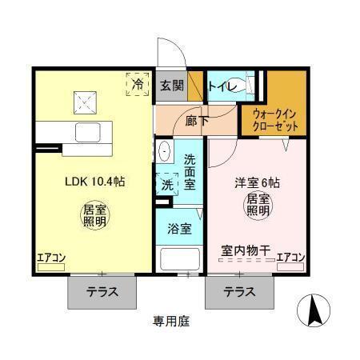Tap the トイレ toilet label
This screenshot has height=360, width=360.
221,86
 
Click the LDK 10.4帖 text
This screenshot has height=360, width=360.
94,181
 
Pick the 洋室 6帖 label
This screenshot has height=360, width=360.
256,181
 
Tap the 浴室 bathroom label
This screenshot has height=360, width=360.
179,229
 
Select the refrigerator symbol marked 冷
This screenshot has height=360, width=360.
138,83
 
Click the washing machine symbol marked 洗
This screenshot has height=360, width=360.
168,183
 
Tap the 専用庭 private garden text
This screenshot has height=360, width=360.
172,322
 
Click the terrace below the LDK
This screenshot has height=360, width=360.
102,292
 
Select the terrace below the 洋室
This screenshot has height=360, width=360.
239,292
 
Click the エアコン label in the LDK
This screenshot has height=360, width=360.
51,258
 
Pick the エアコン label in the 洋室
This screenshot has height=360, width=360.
290,258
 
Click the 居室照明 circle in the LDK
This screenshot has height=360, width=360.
94,216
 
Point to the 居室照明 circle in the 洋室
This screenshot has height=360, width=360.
258,204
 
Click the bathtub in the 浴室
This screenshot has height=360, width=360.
179,261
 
